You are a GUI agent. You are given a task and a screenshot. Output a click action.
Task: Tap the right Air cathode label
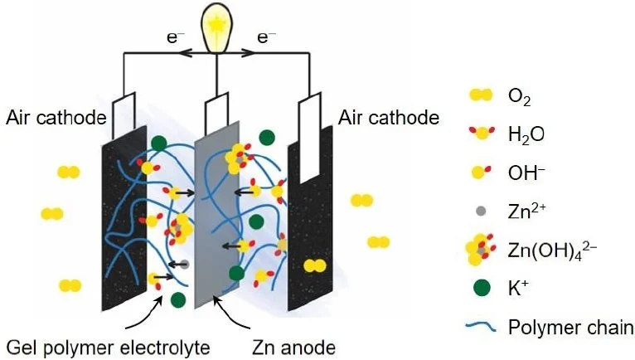point(389,117)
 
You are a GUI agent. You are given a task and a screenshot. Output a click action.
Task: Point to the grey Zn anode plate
point(217,216)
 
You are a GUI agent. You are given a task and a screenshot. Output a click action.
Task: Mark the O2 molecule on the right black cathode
point(315,266)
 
